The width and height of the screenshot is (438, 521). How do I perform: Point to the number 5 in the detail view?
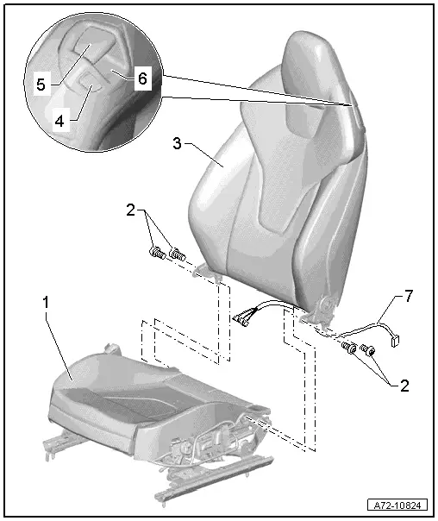click(41, 85)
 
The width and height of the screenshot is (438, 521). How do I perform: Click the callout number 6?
click(141, 78)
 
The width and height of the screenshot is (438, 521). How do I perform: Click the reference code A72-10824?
click(399, 505)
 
